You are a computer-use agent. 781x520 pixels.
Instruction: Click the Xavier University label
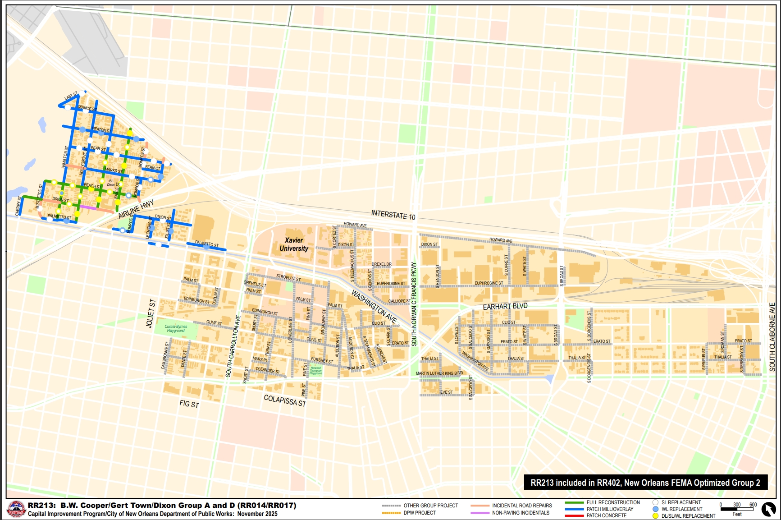pyautogui.click(x=294, y=244)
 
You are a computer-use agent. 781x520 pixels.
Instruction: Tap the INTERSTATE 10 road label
pyautogui.click(x=393, y=215)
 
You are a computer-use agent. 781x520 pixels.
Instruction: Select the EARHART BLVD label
pyautogui.click(x=505, y=306)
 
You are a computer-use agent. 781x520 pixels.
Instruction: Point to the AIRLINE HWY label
pyautogui.click(x=136, y=209)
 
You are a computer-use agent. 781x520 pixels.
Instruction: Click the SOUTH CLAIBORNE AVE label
pyautogui.click(x=772, y=336)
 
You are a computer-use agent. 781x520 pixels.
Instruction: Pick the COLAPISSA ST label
pyautogui.click(x=285, y=400)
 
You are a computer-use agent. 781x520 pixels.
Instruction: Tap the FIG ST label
pyautogui.click(x=189, y=404)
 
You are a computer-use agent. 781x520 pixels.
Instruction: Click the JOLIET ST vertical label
pyautogui.click(x=151, y=313)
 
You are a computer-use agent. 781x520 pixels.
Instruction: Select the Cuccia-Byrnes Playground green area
pyautogui.click(x=175, y=329)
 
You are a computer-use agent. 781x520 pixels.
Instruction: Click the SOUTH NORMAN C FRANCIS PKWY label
pyautogui.click(x=414, y=304)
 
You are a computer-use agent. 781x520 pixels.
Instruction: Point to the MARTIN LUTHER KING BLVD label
pyautogui.click(x=439, y=373)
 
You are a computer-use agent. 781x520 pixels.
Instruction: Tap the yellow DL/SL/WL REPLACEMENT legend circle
pyautogui.click(x=655, y=516)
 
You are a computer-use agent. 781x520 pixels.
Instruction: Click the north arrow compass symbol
pyautogui.click(x=768, y=509)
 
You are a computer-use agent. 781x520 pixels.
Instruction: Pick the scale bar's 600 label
pyautogui.click(x=753, y=505)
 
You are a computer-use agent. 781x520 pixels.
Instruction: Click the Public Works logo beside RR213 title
pyautogui.click(x=16, y=510)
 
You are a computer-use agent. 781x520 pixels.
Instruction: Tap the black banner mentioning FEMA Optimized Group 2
pyautogui.click(x=645, y=483)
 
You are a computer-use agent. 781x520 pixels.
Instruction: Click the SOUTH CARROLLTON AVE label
pyautogui.click(x=233, y=346)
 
